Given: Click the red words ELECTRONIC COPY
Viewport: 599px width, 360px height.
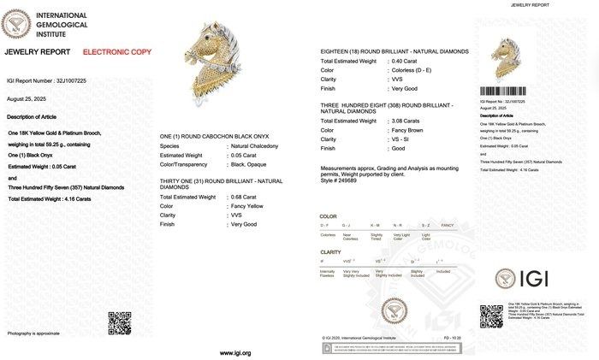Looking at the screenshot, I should point(117,52).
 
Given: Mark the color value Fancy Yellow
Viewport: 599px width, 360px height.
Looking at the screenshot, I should point(246,206).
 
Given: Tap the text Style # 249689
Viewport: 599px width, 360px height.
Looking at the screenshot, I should point(340,180).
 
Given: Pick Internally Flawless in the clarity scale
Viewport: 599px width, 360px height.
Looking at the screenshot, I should point(329,273).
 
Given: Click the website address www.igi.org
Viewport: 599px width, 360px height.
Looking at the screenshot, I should point(235,352).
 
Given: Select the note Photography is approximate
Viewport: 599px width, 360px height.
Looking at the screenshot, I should point(33,332).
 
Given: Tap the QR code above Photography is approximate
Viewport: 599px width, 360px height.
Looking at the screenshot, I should point(119,323).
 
